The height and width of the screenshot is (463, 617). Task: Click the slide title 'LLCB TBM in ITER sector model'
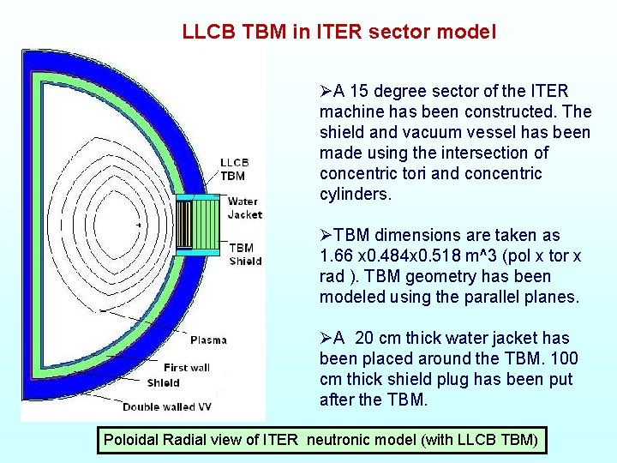pos(338,33)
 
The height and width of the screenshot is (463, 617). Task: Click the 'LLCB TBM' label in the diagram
pos(234,169)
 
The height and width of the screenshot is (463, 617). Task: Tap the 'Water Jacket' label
pos(244,207)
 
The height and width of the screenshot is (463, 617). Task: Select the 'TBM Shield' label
pos(245,255)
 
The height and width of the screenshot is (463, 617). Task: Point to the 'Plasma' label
pos(208,340)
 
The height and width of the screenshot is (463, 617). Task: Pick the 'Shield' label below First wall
pos(163,382)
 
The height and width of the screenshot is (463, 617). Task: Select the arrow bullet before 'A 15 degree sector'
pos(326,92)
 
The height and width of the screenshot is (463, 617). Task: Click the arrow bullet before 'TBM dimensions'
pos(326,236)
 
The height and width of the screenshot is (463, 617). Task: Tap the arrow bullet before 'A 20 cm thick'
pos(326,339)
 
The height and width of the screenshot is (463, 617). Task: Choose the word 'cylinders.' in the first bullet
pos(355,195)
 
